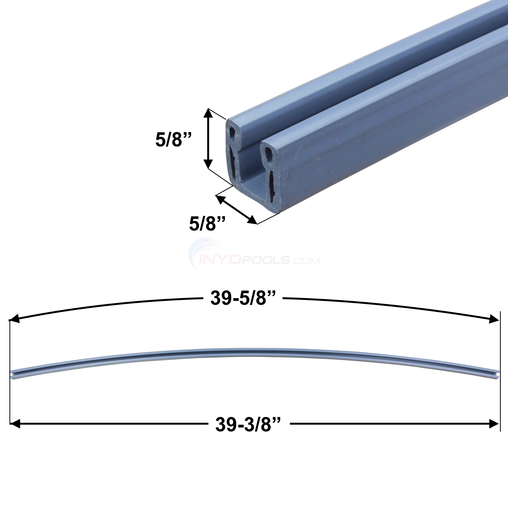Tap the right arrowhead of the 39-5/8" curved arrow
click(494, 320)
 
